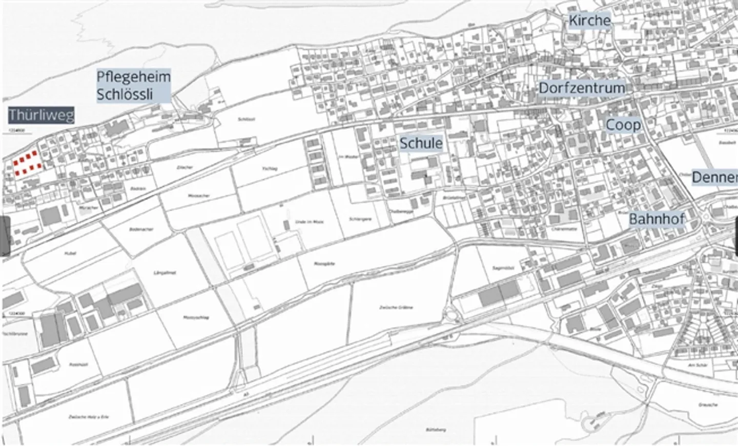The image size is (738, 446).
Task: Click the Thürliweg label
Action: (42, 115)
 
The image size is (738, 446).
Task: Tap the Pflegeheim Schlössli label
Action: (133, 86)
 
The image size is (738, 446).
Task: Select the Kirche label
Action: (589, 21)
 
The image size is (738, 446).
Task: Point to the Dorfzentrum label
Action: (582, 88)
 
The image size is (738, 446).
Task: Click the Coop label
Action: (623, 125)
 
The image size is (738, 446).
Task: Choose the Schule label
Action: (421, 143)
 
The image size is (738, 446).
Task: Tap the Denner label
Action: (714, 177)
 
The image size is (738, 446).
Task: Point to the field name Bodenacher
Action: (138, 229)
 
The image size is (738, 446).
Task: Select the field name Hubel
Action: (70, 253)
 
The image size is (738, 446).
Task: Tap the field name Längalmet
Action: (161, 272)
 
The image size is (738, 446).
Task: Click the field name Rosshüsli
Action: (76, 364)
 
